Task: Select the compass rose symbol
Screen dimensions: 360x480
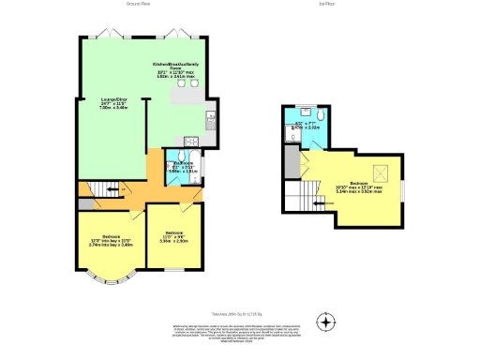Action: (x=325, y=322)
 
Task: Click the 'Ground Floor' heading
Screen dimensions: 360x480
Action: (x=142, y=5)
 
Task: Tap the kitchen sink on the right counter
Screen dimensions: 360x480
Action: (x=213, y=119)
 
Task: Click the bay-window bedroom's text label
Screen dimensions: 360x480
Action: (x=112, y=240)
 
